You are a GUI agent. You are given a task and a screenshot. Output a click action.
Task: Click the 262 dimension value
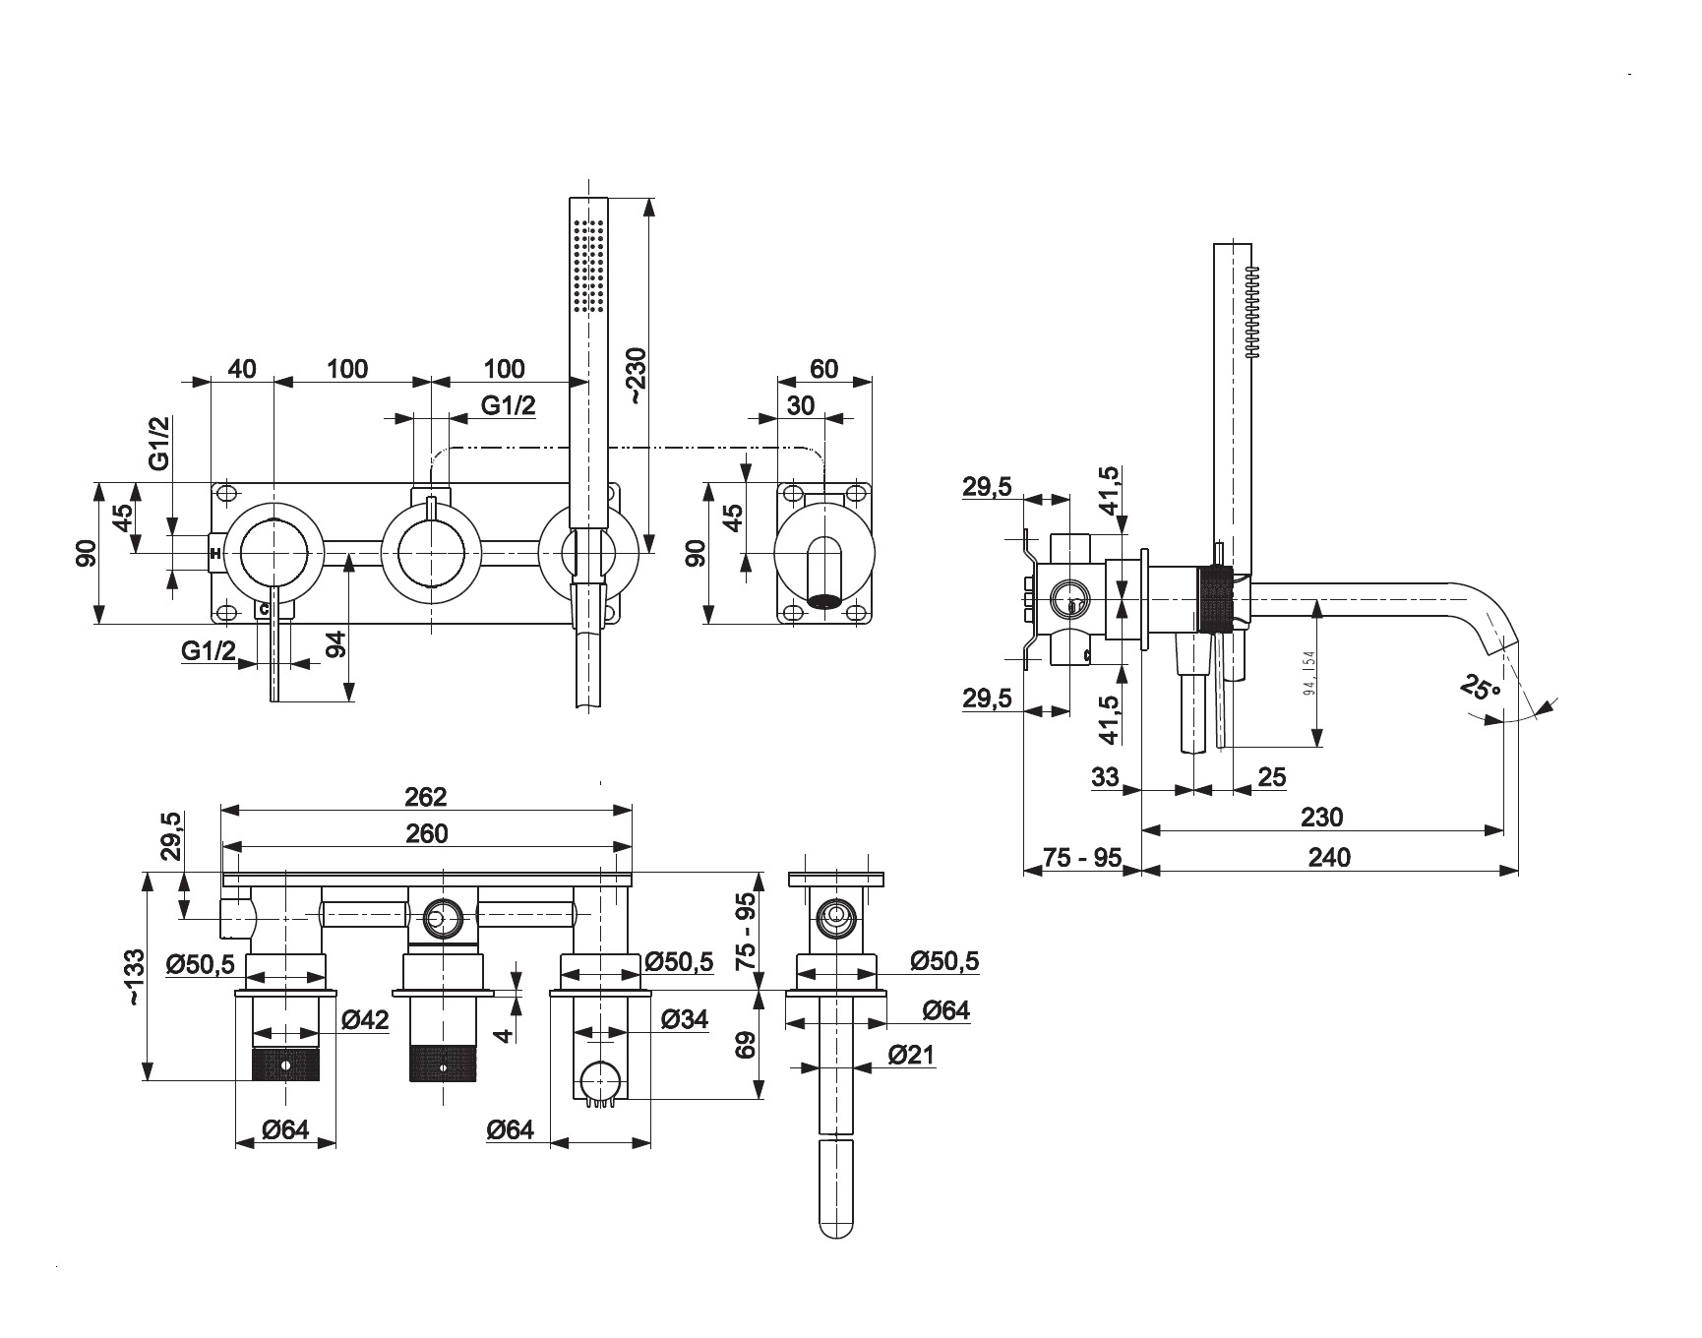426,796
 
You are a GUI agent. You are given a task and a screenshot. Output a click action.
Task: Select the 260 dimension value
427,833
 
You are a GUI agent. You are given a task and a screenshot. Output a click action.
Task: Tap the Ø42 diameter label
365,1020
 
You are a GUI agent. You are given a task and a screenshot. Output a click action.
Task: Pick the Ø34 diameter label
684,1019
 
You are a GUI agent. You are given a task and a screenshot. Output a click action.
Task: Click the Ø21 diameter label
911,1056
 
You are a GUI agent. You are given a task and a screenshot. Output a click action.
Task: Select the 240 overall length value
1329,857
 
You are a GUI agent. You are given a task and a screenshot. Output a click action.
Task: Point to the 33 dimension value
1105,777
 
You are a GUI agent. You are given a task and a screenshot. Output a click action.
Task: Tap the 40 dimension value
242,369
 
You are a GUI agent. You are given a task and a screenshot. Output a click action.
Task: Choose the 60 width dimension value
824,369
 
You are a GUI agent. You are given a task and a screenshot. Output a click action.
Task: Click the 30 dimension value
801,405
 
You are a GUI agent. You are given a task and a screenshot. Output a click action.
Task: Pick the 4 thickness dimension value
504,1035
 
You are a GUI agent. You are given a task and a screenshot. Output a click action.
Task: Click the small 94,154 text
1309,673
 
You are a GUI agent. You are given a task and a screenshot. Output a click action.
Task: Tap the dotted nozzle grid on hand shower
588,266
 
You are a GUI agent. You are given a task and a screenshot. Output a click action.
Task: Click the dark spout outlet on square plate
823,598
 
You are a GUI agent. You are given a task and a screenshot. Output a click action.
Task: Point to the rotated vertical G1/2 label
160,443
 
